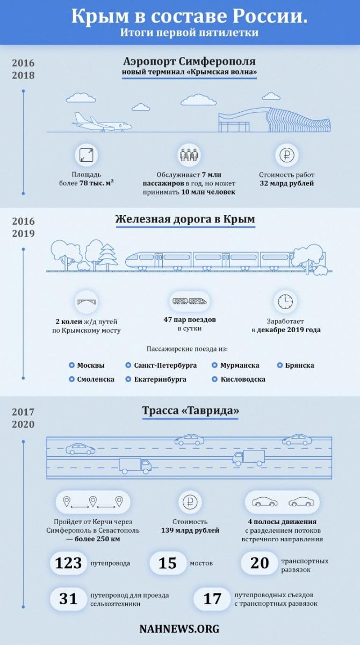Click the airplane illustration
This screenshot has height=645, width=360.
(102, 122)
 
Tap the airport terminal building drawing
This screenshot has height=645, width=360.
(274, 120)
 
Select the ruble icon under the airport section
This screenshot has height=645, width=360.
(286, 155)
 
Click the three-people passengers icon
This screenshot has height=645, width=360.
(189, 155)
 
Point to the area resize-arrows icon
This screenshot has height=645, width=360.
(87, 155)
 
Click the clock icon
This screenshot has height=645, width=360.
(285, 302)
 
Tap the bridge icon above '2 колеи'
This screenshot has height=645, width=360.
(87, 302)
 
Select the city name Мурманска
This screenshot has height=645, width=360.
(240, 365)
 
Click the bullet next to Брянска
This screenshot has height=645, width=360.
(280, 365)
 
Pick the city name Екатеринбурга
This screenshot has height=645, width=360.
(160, 379)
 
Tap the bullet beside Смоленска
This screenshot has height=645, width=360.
(71, 379)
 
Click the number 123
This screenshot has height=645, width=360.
(68, 563)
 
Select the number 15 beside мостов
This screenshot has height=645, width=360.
(168, 563)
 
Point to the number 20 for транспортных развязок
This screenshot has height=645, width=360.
(260, 563)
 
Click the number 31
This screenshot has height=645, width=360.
(68, 599)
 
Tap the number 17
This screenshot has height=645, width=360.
(212, 599)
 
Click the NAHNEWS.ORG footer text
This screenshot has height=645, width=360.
(179, 629)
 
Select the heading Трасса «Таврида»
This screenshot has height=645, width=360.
(191, 410)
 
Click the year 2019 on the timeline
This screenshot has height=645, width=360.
(23, 233)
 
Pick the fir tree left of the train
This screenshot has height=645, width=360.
(108, 257)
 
